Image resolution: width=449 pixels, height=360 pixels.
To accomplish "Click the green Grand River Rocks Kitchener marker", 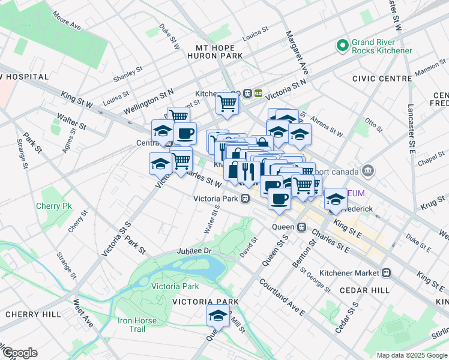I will click(343, 45).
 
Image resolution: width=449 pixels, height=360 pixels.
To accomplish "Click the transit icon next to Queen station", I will click(302, 227).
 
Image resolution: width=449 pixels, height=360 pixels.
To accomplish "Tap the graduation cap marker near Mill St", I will click(218, 315).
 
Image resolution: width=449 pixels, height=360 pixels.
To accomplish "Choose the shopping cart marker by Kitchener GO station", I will click(227, 103).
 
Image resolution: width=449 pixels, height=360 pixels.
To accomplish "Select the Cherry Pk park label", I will click(58, 206).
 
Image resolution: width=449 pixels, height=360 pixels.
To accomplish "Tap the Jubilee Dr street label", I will click(195, 250).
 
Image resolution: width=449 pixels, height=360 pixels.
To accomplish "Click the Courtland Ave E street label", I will click(282, 296).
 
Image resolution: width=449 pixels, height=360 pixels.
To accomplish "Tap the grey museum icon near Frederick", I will click(368, 171).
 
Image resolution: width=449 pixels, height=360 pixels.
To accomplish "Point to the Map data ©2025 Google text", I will click(412, 355).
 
